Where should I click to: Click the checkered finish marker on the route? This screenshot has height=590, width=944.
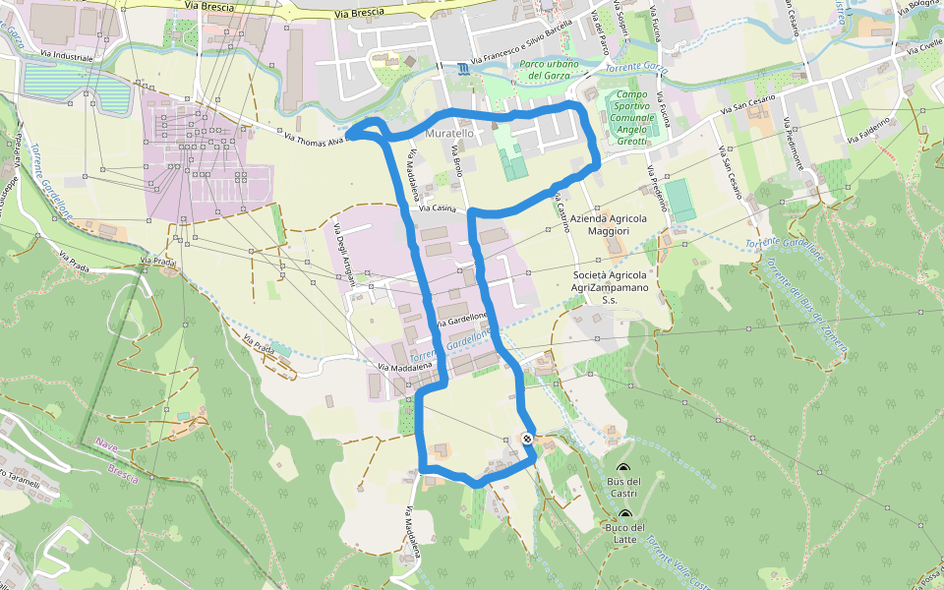(527, 439)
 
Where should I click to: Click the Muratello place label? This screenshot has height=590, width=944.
(450, 132)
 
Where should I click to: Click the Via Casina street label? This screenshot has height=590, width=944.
(438, 208)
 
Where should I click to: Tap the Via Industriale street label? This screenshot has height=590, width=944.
(68, 58)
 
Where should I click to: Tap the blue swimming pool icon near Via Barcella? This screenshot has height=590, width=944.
(462, 68)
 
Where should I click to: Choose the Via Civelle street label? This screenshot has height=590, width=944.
(925, 50)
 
